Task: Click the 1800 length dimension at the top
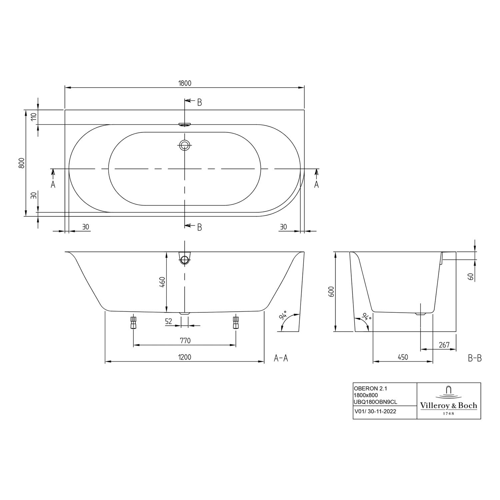[185, 83]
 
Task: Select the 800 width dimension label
[22, 163]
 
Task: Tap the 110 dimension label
[33, 117]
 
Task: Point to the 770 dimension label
[185, 341]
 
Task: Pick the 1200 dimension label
[185, 357]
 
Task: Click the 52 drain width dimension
[169, 321]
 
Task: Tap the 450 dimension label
[403, 357]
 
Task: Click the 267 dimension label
[444, 345]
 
